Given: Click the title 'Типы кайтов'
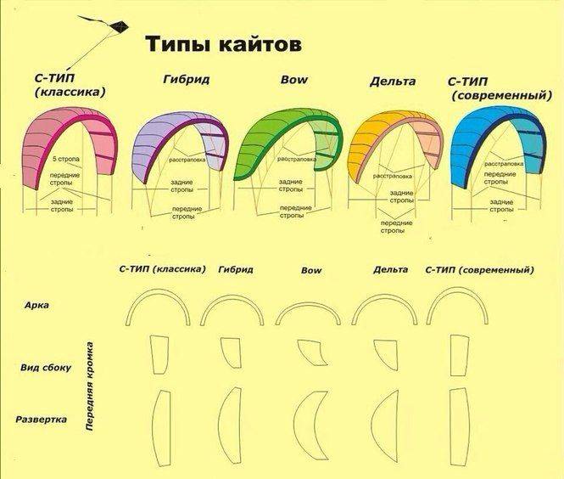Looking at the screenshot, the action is (x=223, y=44).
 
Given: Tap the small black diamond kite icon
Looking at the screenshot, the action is (x=119, y=27).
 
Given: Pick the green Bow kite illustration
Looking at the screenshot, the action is (x=288, y=144).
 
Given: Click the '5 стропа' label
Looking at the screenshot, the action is (x=66, y=159).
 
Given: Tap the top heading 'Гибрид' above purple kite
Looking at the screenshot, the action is (x=186, y=79).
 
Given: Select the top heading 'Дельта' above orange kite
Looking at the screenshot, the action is (x=393, y=82).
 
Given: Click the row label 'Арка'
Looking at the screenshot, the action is (x=36, y=306).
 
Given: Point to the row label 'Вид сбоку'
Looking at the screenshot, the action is (x=46, y=368).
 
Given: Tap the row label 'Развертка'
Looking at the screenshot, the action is (x=41, y=420).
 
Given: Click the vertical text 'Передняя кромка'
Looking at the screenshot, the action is (x=90, y=386).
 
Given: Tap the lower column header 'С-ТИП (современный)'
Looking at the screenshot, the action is (x=479, y=270).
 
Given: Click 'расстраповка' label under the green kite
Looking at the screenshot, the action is (x=297, y=159).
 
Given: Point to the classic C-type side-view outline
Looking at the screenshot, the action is (x=159, y=355).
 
